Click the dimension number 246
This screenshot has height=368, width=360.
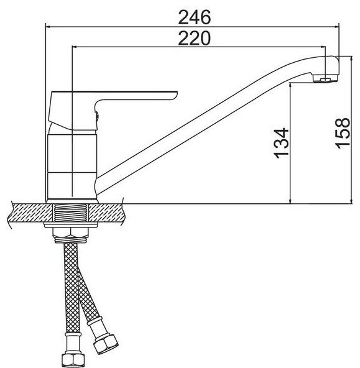(x=195, y=17)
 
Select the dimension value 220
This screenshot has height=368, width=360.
(x=195, y=38)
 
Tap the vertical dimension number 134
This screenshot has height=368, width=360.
(x=281, y=143)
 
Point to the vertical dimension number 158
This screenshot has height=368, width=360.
(x=343, y=133)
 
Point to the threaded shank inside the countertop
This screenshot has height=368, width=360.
(x=71, y=213)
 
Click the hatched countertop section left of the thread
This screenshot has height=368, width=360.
(x=30, y=213)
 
